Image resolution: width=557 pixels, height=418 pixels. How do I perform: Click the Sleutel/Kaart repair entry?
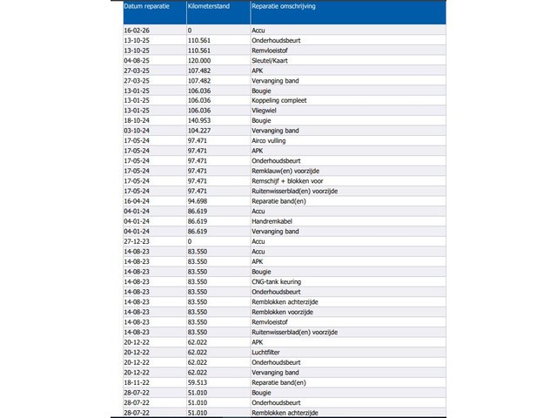pyautogui.click(x=272, y=62)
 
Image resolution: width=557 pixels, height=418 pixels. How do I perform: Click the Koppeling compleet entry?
pyautogui.click(x=278, y=100)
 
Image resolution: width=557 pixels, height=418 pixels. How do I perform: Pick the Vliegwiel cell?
pyautogui.click(x=266, y=111)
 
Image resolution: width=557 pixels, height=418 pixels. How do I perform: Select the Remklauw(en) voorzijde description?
pyautogui.click(x=285, y=171)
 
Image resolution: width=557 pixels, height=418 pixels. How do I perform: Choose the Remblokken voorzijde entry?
pyautogui.click(x=282, y=311)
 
